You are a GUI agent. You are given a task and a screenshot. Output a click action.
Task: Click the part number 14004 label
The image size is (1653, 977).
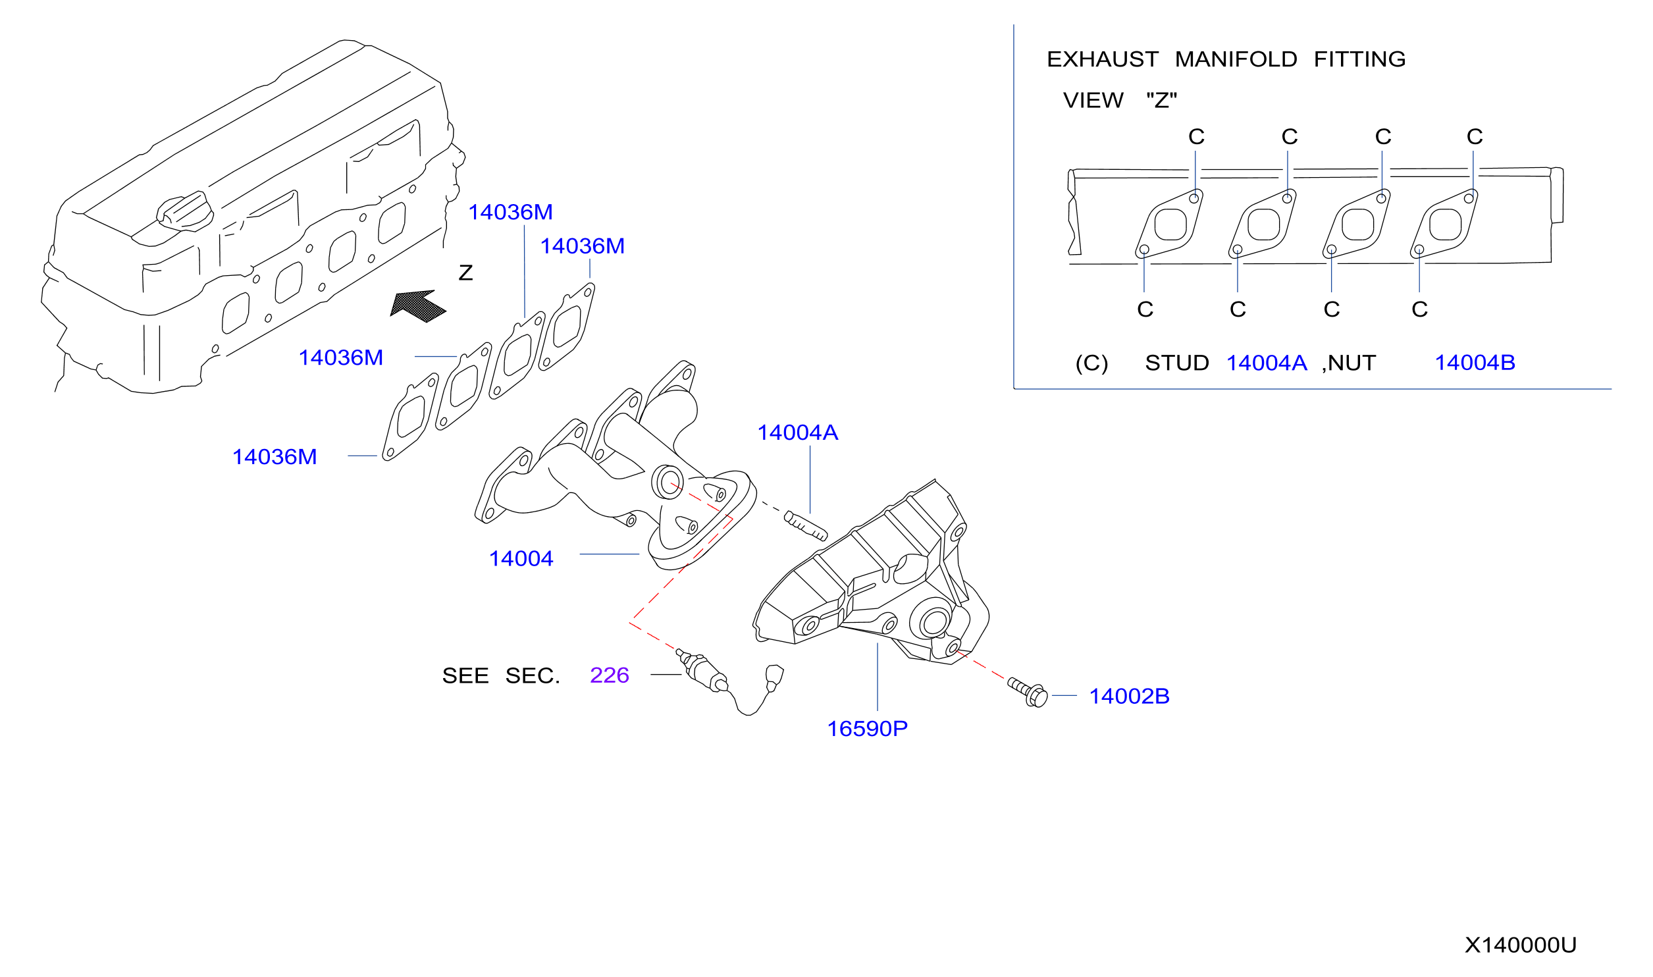pos(521,558)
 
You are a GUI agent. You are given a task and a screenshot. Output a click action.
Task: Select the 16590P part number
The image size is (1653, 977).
pos(867,729)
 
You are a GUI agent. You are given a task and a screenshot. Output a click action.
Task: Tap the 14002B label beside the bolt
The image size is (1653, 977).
pos(1129,696)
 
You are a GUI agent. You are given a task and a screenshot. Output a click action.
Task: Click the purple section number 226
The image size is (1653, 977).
pos(610,675)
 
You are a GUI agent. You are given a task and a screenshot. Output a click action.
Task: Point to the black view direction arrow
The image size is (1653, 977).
pos(418,306)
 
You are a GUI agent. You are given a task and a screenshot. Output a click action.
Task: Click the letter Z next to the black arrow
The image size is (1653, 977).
pos(466,273)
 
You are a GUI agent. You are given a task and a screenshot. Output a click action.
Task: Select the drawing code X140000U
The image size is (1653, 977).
pos(1520,945)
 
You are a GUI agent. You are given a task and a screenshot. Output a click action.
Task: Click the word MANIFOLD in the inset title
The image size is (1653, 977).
pos(1236,59)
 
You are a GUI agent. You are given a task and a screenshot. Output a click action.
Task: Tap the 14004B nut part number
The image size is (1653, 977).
pos(1475,362)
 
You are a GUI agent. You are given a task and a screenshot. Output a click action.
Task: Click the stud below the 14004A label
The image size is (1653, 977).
pos(806,526)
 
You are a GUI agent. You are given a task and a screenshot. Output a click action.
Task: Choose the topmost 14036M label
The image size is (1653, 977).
pos(510,212)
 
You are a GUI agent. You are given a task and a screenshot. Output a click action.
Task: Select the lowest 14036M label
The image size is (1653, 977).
pos(275,457)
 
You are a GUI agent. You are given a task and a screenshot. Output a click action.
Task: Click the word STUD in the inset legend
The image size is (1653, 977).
pos(1177,363)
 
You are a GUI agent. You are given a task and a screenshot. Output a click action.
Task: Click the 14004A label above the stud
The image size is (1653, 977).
pos(797,433)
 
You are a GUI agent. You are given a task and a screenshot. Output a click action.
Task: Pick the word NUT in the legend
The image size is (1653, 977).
pos(1352,363)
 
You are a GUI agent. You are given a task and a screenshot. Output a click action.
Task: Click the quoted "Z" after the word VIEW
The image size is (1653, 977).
pos(1161,100)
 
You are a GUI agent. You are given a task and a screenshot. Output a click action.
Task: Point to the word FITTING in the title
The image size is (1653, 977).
pos(1359,59)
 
